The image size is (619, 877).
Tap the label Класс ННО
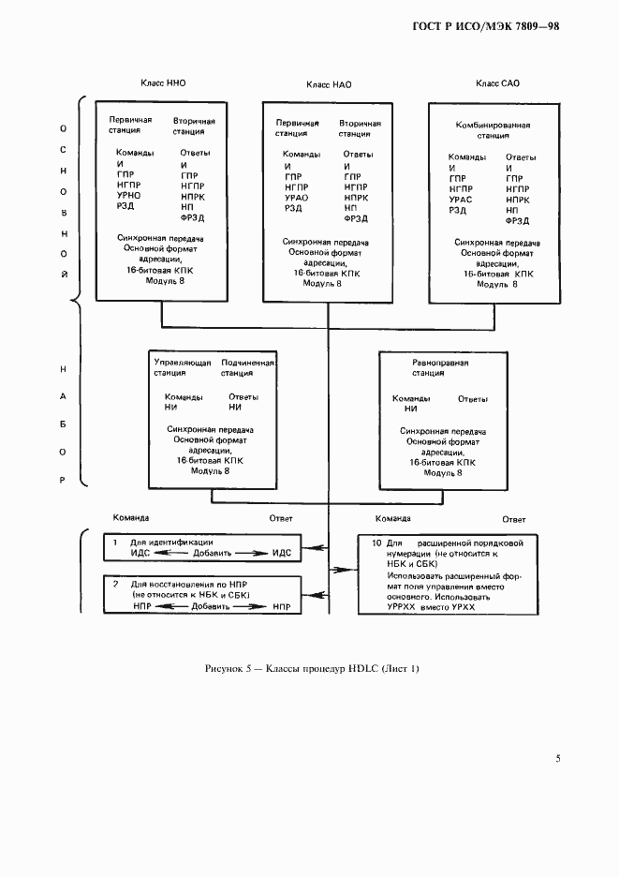click(163, 83)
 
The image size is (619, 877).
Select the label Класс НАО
click(329, 85)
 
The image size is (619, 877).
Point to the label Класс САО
click(497, 84)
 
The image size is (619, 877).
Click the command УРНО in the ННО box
click(129, 196)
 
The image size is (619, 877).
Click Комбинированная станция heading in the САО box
click(494, 130)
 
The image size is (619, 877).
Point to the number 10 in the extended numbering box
click(376, 543)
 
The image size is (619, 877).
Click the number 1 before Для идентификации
click(115, 542)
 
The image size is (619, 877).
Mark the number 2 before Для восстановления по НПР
click(115, 584)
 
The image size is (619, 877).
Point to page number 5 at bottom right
click(558, 758)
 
